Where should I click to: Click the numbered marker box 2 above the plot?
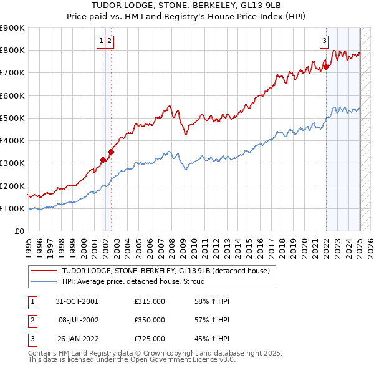[x=109, y=42]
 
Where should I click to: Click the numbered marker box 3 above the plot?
[x=325, y=42]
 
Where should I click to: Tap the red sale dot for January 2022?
[x=326, y=67]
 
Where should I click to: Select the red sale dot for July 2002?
[x=111, y=152]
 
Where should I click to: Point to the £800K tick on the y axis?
[x=12, y=51]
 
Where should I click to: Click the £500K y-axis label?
[x=12, y=118]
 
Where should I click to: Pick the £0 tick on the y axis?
[x=19, y=231]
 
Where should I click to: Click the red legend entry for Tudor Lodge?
[x=165, y=271]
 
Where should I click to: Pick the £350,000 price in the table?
[x=150, y=320]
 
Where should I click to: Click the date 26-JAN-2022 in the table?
[x=77, y=339]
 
